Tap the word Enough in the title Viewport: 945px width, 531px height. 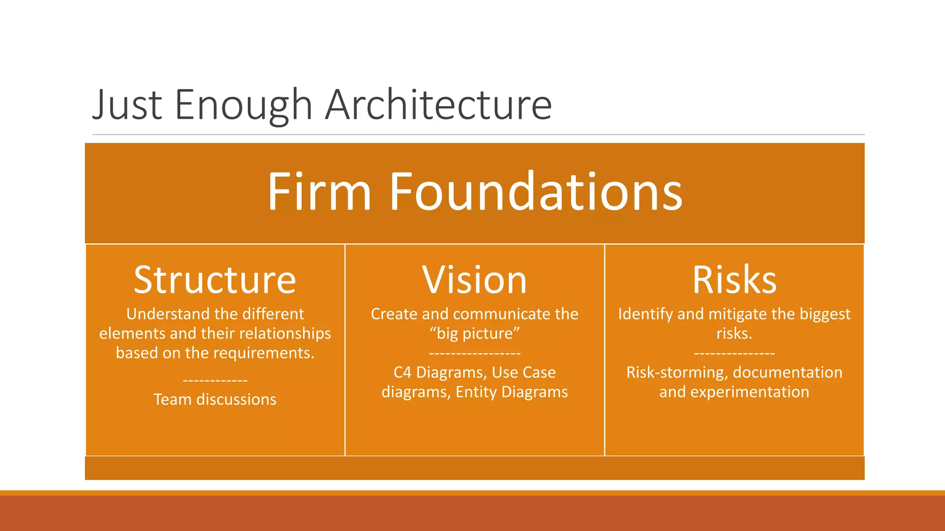pos(244,105)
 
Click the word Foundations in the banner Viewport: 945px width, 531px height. pos(536,192)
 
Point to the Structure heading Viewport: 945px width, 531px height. pos(215,280)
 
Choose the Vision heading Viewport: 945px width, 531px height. pos(474,280)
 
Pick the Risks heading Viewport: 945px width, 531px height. pos(734,280)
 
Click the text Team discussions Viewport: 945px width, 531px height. pos(215,399)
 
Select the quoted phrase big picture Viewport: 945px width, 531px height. pos(475,333)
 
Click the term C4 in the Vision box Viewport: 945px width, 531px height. pos(402,372)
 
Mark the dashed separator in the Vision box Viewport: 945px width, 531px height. pos(475,354)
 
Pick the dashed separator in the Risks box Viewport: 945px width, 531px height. pos(734,354)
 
